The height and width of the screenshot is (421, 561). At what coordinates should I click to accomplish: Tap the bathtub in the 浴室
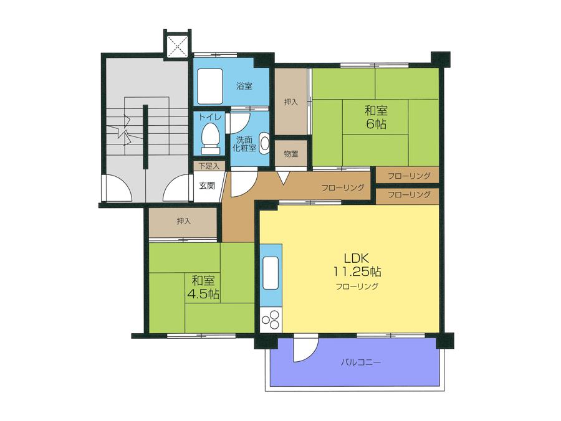(x=210, y=87)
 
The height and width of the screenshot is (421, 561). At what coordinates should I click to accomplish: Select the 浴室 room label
(x=244, y=87)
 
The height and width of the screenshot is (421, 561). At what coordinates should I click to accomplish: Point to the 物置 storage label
(x=290, y=153)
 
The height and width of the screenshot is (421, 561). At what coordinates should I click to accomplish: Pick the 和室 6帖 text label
(x=376, y=117)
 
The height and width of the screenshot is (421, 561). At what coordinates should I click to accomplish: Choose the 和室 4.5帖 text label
(x=204, y=287)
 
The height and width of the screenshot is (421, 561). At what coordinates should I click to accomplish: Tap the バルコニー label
(x=360, y=362)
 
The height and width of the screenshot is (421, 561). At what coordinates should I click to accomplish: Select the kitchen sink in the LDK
(x=271, y=274)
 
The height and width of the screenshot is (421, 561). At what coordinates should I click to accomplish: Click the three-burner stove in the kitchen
(x=271, y=321)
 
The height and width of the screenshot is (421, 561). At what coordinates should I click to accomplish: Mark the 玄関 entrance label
(x=207, y=185)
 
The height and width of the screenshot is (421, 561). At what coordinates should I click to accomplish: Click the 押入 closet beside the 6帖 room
(x=291, y=102)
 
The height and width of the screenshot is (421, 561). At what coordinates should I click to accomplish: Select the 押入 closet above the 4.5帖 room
(x=183, y=222)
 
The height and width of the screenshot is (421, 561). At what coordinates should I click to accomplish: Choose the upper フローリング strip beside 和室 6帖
(x=408, y=176)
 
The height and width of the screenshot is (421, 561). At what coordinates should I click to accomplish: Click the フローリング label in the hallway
(x=343, y=188)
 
